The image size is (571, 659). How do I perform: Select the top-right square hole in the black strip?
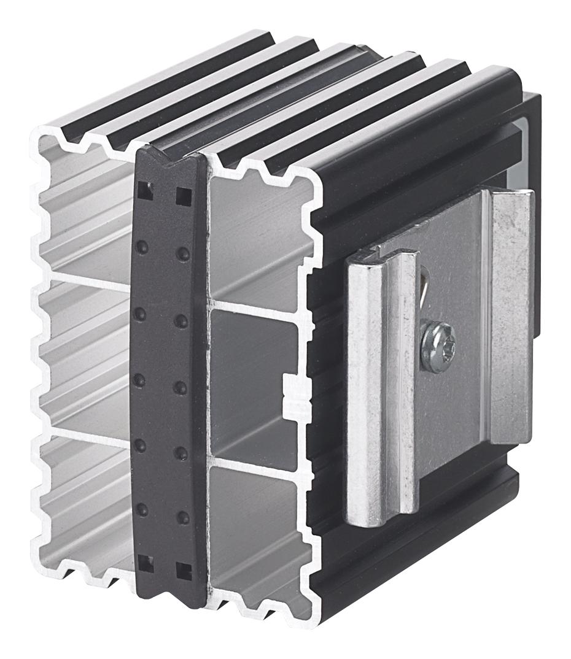point(183,196)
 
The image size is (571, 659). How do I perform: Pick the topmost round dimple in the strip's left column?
point(141,247)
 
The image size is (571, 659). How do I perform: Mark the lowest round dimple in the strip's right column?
point(182,518)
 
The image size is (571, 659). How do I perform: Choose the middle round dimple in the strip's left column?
point(139,381)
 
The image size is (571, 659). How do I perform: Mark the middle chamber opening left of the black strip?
point(86,356)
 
